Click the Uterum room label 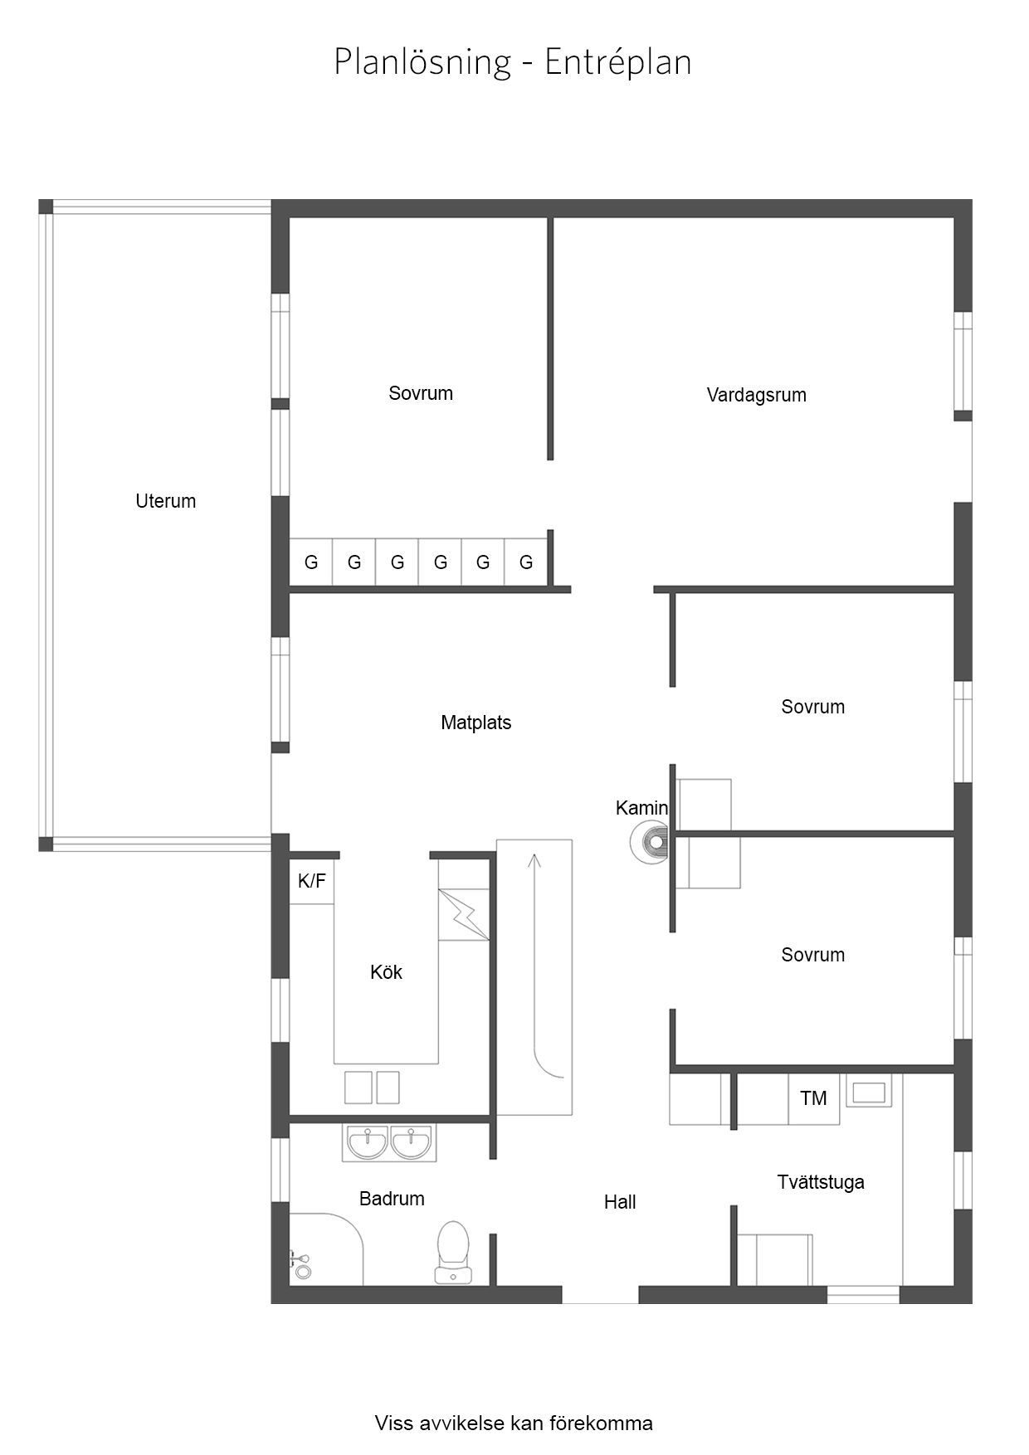tap(166, 501)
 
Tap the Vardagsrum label tap(756, 395)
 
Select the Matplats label tap(475, 723)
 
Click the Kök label tap(386, 972)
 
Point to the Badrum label tap(392, 1199)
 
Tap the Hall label tap(620, 1202)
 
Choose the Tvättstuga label tap(821, 1182)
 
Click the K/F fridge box tap(312, 881)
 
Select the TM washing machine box tap(813, 1098)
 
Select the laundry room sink tap(869, 1092)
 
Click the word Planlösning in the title tap(422, 62)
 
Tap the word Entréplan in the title tap(617, 62)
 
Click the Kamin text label tap(641, 808)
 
